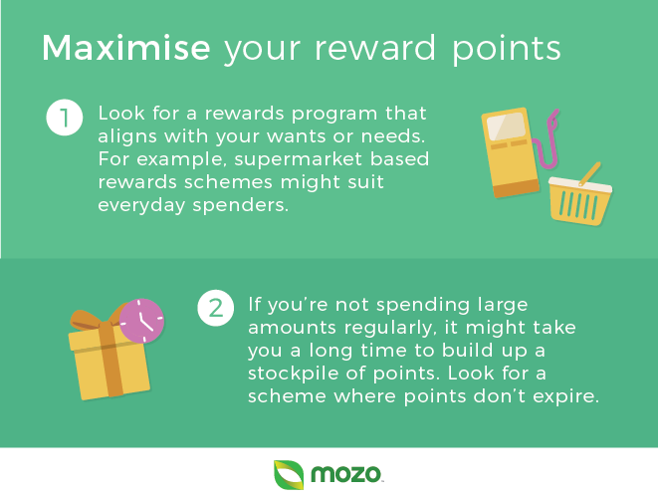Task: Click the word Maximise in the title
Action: click(x=125, y=48)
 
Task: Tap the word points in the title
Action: click(x=506, y=51)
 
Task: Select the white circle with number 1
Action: click(x=64, y=118)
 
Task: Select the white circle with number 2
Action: click(x=216, y=308)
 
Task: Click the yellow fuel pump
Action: click(x=510, y=152)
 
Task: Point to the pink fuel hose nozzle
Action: click(x=552, y=121)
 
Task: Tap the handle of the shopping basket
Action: click(x=589, y=174)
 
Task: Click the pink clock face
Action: click(x=141, y=320)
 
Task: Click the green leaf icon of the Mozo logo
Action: click(x=289, y=475)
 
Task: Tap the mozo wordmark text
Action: click(x=345, y=474)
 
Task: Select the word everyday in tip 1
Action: click(x=141, y=206)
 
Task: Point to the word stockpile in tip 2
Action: click(x=294, y=375)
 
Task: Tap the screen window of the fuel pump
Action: click(x=506, y=125)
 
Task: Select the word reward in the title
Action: click(x=375, y=48)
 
